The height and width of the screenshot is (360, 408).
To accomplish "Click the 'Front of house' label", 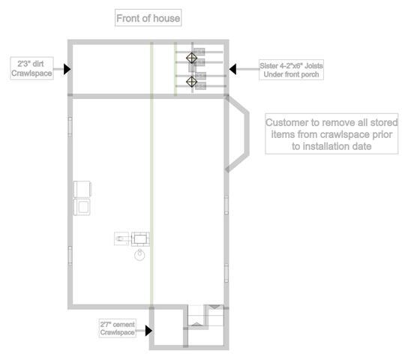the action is [148, 18].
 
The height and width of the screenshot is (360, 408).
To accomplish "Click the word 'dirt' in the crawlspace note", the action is [38, 64].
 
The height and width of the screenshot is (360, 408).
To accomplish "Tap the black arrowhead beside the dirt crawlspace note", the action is [67, 69].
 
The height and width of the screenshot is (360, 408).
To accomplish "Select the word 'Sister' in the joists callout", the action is [268, 66].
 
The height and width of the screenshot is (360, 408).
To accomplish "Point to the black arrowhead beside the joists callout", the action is [232, 69].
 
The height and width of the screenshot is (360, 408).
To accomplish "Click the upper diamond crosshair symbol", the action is [191, 58].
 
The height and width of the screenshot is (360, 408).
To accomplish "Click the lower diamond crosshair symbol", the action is [191, 82].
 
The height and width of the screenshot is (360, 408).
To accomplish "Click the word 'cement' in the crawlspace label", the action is [124, 325].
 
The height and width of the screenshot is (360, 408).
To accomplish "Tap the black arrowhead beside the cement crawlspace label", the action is [148, 331].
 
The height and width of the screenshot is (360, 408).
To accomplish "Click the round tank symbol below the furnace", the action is [139, 255].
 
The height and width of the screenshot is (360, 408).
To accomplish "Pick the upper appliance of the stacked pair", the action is [82, 189].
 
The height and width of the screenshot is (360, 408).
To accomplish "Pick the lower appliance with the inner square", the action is [82, 207].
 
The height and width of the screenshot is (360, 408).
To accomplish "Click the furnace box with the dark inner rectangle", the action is [140, 239].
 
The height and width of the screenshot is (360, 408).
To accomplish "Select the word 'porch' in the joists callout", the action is [309, 75].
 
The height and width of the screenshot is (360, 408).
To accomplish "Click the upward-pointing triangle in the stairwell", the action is [196, 324].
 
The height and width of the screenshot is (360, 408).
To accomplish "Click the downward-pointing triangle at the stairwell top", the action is [214, 307].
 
